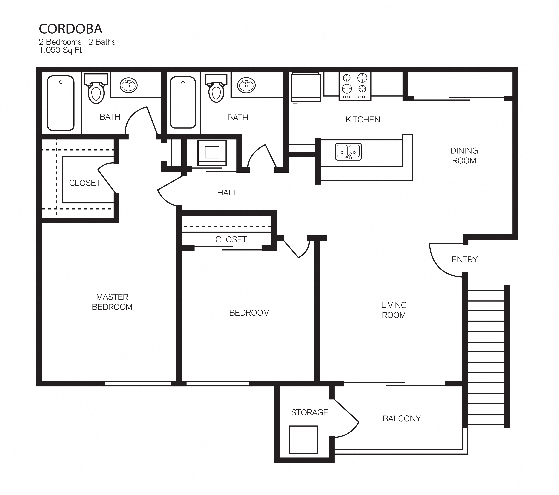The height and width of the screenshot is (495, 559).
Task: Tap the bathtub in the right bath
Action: click(183, 102)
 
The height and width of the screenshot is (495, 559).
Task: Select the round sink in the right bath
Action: click(246, 85)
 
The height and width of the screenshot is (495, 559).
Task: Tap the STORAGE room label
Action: click(309, 412)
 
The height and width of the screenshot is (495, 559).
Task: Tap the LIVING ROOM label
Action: click(394, 310)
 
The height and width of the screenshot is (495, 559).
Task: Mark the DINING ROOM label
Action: click(464, 155)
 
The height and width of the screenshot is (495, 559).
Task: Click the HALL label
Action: click(227, 193)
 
